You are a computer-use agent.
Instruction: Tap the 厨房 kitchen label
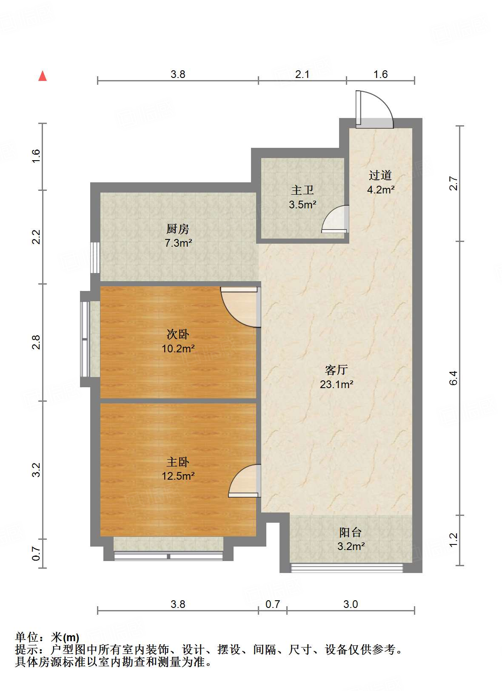(x=177, y=229)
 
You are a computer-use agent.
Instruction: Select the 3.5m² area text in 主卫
(x=302, y=205)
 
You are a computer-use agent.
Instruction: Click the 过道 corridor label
(x=380, y=175)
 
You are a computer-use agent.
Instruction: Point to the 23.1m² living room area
(x=337, y=385)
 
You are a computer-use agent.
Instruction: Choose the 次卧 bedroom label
(x=178, y=334)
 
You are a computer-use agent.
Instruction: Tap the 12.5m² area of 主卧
(x=178, y=476)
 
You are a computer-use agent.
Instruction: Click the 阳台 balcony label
(x=351, y=532)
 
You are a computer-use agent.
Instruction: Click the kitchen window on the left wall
(x=95, y=258)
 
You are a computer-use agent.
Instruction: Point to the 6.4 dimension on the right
(x=454, y=378)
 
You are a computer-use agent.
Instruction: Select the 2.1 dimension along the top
(x=302, y=75)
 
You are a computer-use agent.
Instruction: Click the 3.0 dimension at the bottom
(x=351, y=604)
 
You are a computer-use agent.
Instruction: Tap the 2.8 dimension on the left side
(x=36, y=342)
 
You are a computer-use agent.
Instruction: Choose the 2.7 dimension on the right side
(x=454, y=183)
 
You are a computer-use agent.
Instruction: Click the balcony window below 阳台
(x=346, y=567)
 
